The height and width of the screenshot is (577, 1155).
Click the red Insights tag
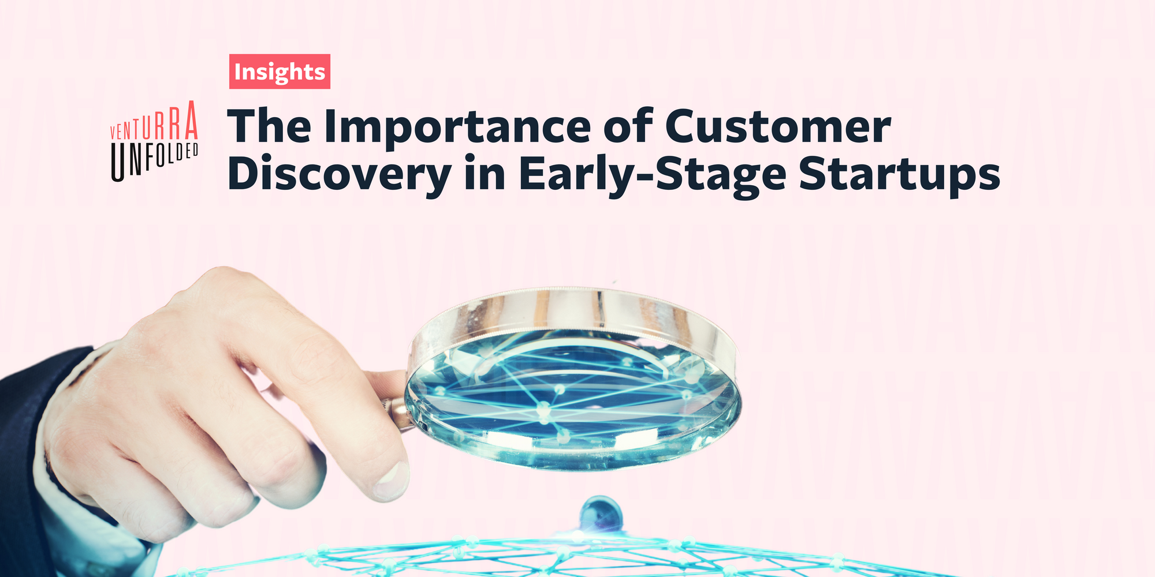(280, 72)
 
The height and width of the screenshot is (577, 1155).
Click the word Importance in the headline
(457, 127)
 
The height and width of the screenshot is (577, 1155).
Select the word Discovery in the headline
(340, 174)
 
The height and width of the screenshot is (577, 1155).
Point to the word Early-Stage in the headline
(652, 174)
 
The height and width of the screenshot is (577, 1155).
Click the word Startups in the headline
(899, 174)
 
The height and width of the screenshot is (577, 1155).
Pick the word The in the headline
(270, 127)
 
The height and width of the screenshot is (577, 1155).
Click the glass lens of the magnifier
(572, 398)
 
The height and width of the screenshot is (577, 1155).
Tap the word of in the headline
(628, 127)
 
